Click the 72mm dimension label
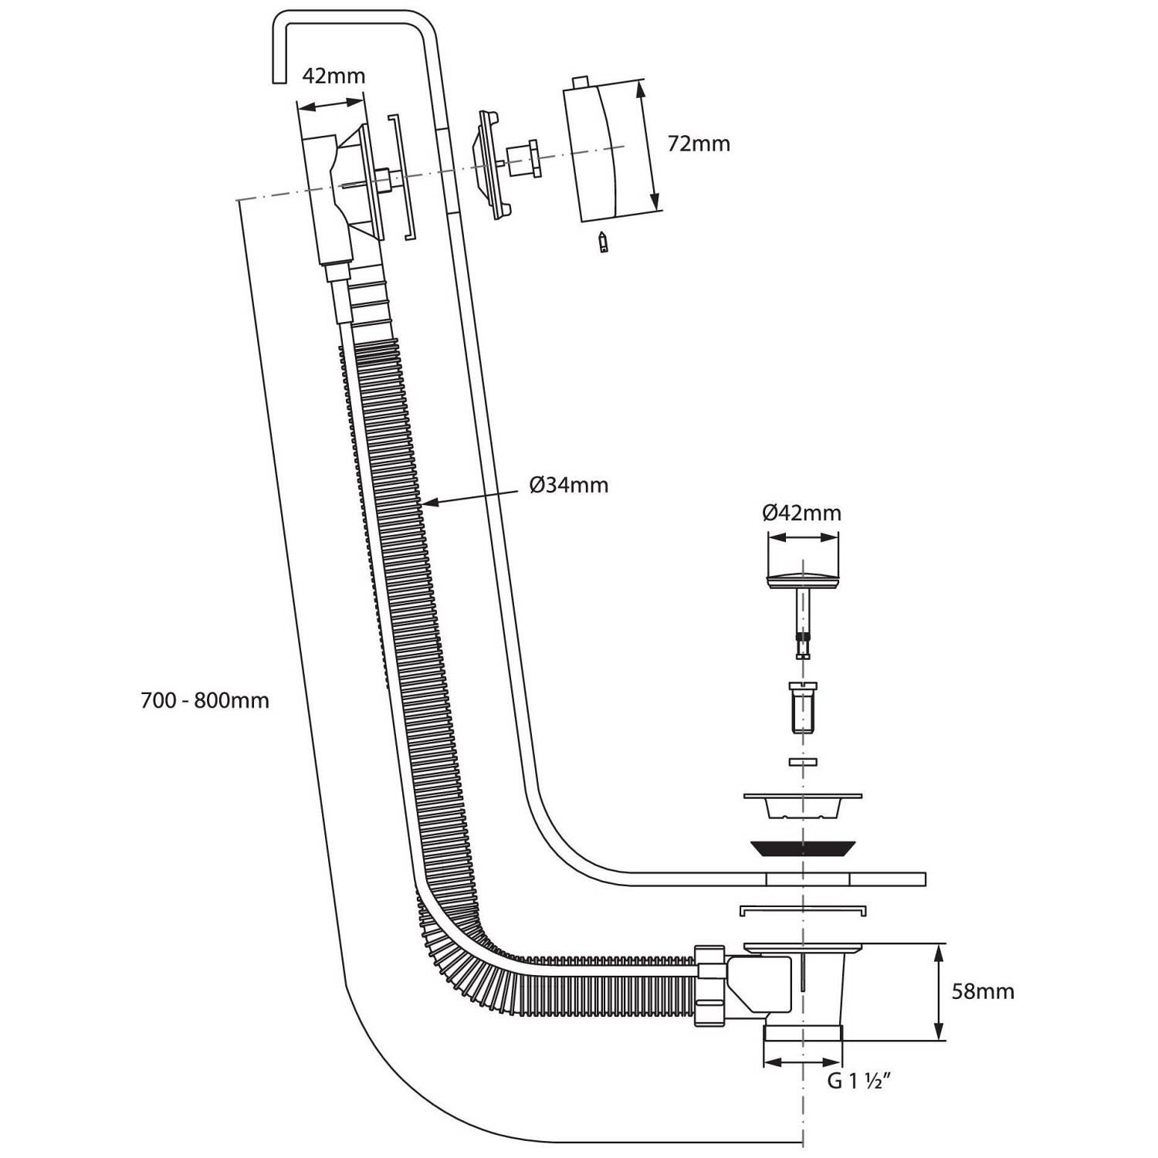click(x=699, y=144)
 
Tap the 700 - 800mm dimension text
click(x=205, y=701)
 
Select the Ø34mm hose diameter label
click(x=569, y=485)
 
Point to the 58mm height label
click(x=983, y=991)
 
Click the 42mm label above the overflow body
click(x=333, y=76)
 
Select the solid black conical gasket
click(x=803, y=848)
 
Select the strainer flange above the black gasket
click(x=803, y=804)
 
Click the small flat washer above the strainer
click(x=803, y=763)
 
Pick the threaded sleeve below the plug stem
click(x=803, y=707)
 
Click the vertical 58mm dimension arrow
click(x=938, y=991)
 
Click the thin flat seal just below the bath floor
click(x=803, y=909)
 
